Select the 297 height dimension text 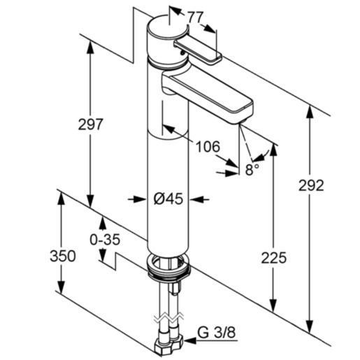(x=90, y=124)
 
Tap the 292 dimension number (x=310, y=186)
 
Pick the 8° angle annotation (x=252, y=168)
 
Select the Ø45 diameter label (x=167, y=199)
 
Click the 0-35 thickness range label (x=106, y=239)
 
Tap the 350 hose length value (x=62, y=256)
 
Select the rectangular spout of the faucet (x=210, y=92)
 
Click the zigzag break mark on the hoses (x=168, y=319)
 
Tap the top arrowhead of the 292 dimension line (x=310, y=110)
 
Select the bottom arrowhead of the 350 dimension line (x=62, y=291)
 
